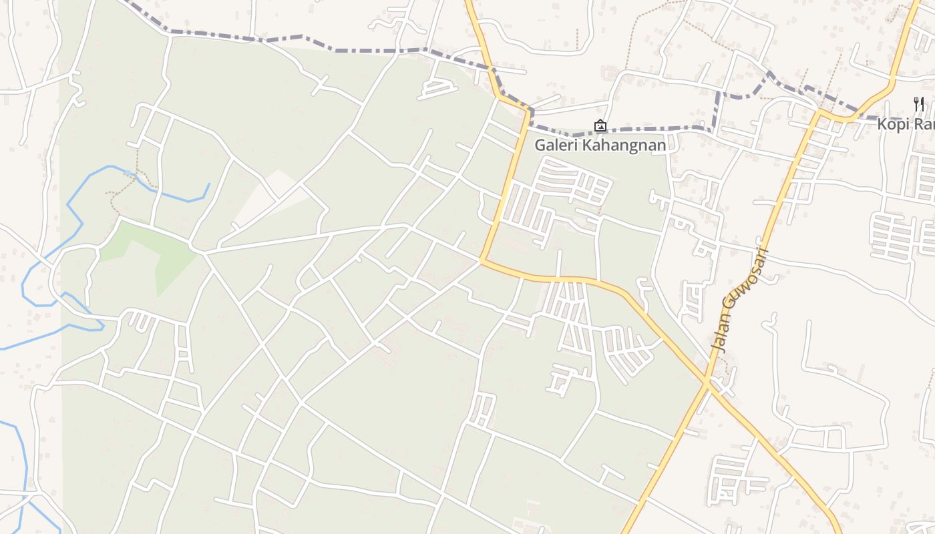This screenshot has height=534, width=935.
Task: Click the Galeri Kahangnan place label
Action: point(600,145)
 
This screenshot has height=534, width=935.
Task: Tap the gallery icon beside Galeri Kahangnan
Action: point(600,125)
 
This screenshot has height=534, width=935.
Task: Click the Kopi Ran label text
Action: point(906,125)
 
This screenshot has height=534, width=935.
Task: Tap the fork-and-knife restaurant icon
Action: point(919,104)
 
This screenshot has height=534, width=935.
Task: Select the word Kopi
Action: point(891,125)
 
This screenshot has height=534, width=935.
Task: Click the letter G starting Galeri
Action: point(540,145)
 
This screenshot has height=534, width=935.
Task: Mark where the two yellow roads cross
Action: point(707,382)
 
